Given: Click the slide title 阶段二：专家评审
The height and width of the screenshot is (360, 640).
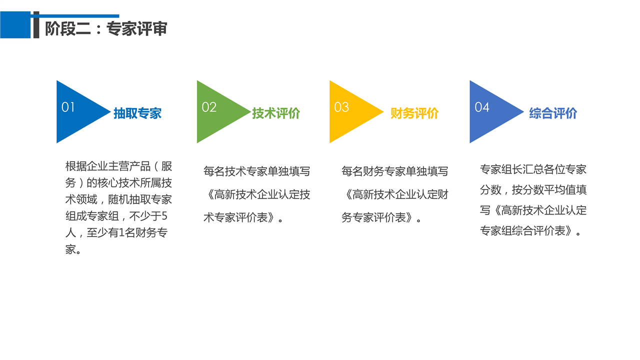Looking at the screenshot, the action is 106,28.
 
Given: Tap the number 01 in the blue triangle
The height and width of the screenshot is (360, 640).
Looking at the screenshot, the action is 68,107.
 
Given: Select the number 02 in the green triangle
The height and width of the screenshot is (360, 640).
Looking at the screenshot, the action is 209,107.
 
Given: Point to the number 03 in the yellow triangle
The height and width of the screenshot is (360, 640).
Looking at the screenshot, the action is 341,107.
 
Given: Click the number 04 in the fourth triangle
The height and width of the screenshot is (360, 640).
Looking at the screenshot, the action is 481,107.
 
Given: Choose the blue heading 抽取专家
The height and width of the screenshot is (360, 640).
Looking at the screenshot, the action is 137,113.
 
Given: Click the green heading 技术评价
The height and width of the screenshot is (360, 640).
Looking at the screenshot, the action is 275,113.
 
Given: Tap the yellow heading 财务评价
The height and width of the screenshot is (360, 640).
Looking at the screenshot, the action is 414,113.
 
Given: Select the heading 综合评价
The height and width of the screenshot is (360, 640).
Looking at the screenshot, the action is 553,113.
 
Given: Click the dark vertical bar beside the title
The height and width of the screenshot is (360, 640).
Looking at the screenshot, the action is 36,25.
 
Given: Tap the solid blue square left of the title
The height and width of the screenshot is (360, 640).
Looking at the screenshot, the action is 15,25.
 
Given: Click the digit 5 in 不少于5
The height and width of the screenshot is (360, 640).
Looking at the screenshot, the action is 164,216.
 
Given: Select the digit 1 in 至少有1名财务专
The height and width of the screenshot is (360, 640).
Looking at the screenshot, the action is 121,232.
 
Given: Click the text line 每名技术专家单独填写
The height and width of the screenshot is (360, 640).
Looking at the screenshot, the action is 256,171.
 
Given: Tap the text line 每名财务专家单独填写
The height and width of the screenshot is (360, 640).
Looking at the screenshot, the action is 394,171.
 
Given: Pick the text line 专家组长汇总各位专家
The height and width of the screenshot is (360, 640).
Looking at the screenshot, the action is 533,169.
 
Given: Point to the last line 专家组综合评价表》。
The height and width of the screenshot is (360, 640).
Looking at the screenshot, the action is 530,231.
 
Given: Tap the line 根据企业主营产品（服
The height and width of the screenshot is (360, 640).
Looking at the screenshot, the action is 118,166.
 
